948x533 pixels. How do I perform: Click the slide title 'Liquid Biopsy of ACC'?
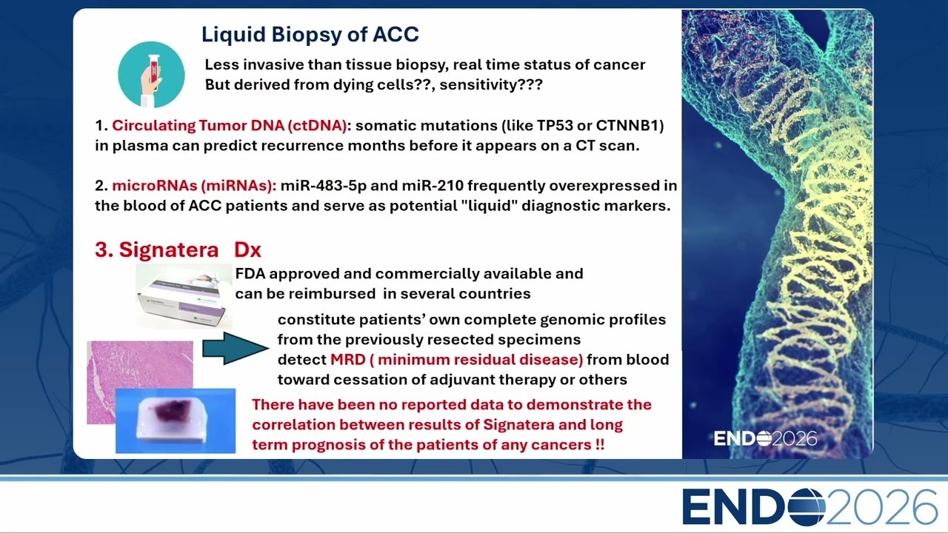click(310, 35)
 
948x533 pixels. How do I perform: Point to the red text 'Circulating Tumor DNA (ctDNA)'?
click(230, 126)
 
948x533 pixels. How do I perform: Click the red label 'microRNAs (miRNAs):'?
click(194, 186)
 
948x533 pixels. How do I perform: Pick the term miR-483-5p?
click(324, 186)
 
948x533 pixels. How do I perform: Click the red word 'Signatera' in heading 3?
click(168, 249)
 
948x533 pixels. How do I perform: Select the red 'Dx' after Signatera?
click(247, 249)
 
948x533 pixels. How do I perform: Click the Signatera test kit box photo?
click(184, 296)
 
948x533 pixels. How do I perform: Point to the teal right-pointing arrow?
click(236, 348)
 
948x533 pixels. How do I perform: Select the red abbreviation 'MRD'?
click(348, 360)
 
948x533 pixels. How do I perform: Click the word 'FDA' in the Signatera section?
click(250, 274)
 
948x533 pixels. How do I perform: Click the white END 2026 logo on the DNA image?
click(765, 439)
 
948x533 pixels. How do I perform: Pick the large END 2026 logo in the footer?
click(810, 507)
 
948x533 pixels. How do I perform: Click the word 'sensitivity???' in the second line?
click(491, 85)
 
